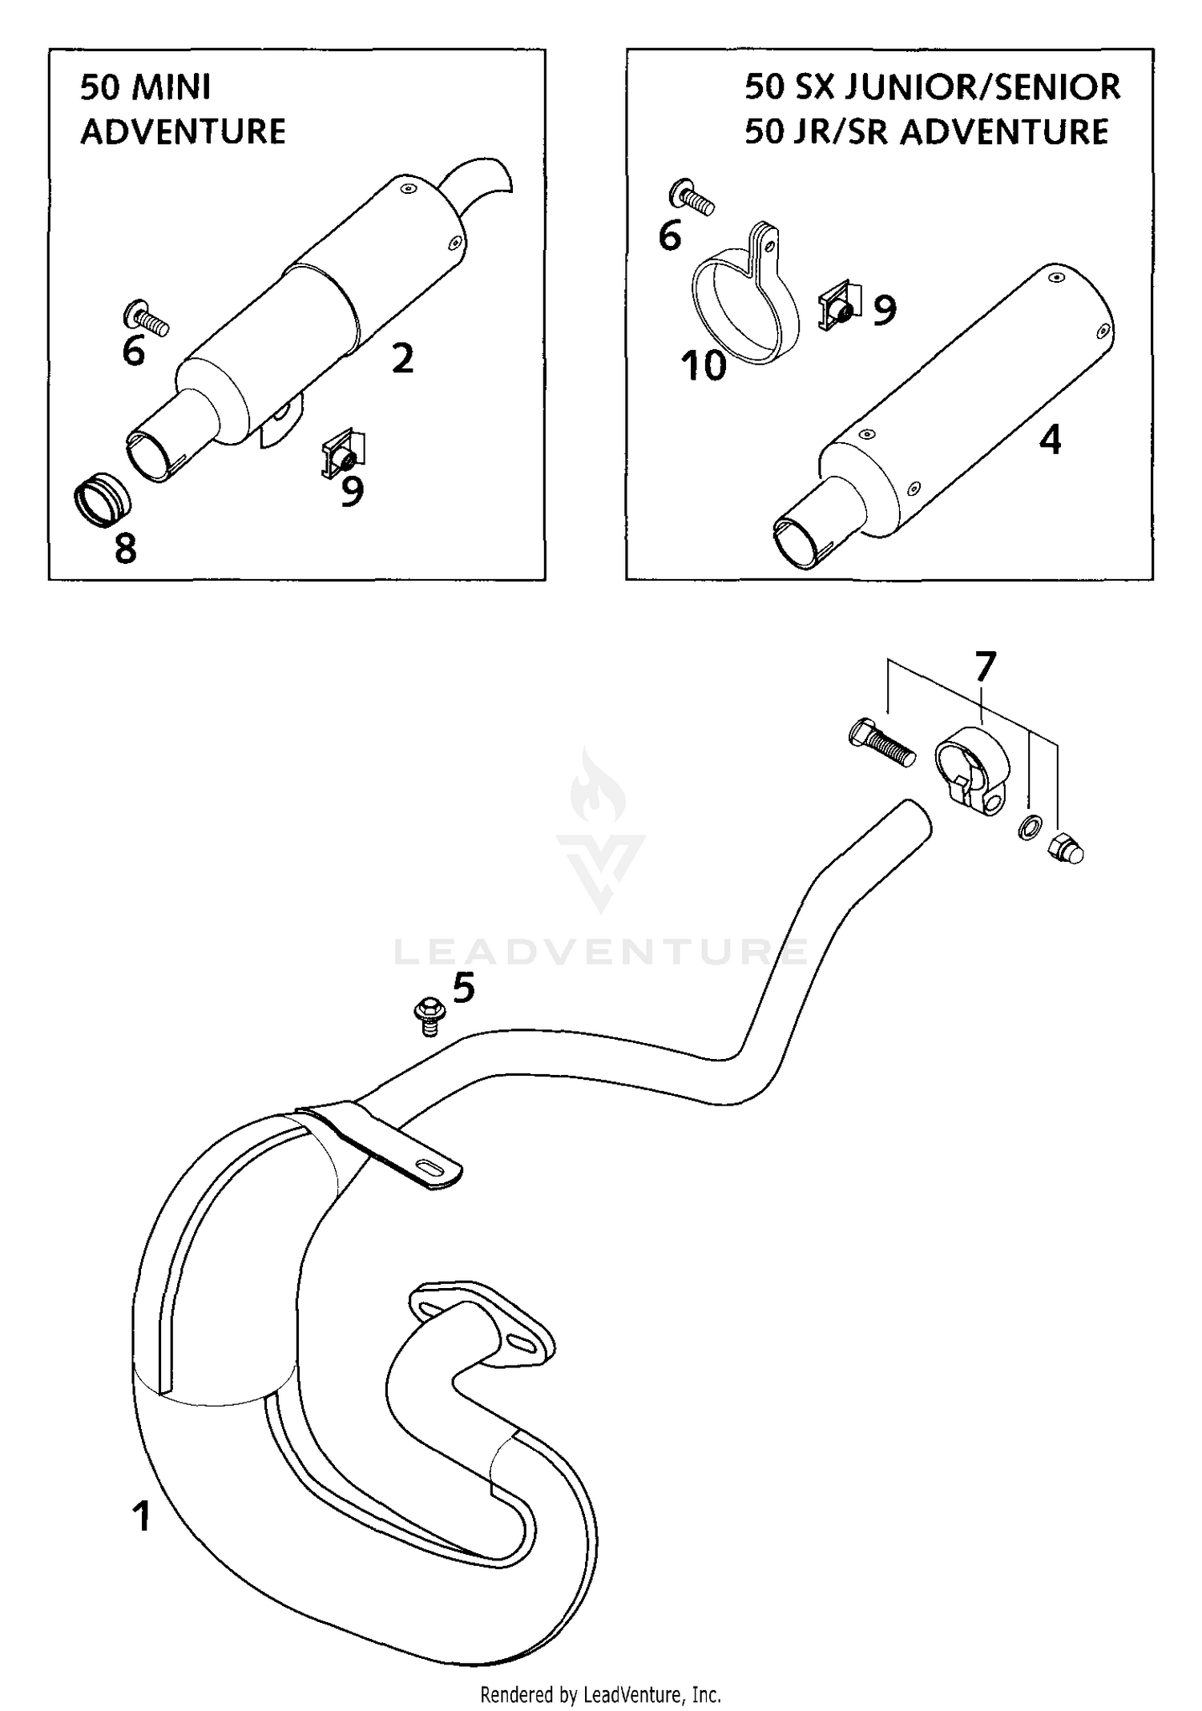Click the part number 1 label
(x=141, y=1517)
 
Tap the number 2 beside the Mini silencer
(x=402, y=358)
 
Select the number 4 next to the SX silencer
(x=1050, y=440)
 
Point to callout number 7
(x=984, y=666)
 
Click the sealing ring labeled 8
(x=102, y=501)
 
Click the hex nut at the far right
(x=1066, y=848)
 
